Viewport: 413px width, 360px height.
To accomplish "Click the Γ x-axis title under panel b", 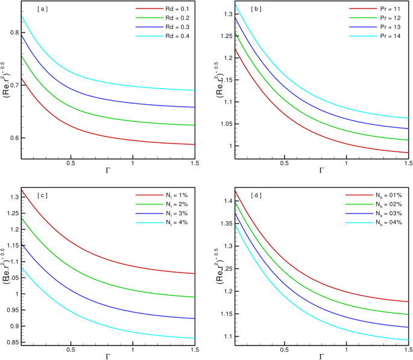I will click(321, 172).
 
